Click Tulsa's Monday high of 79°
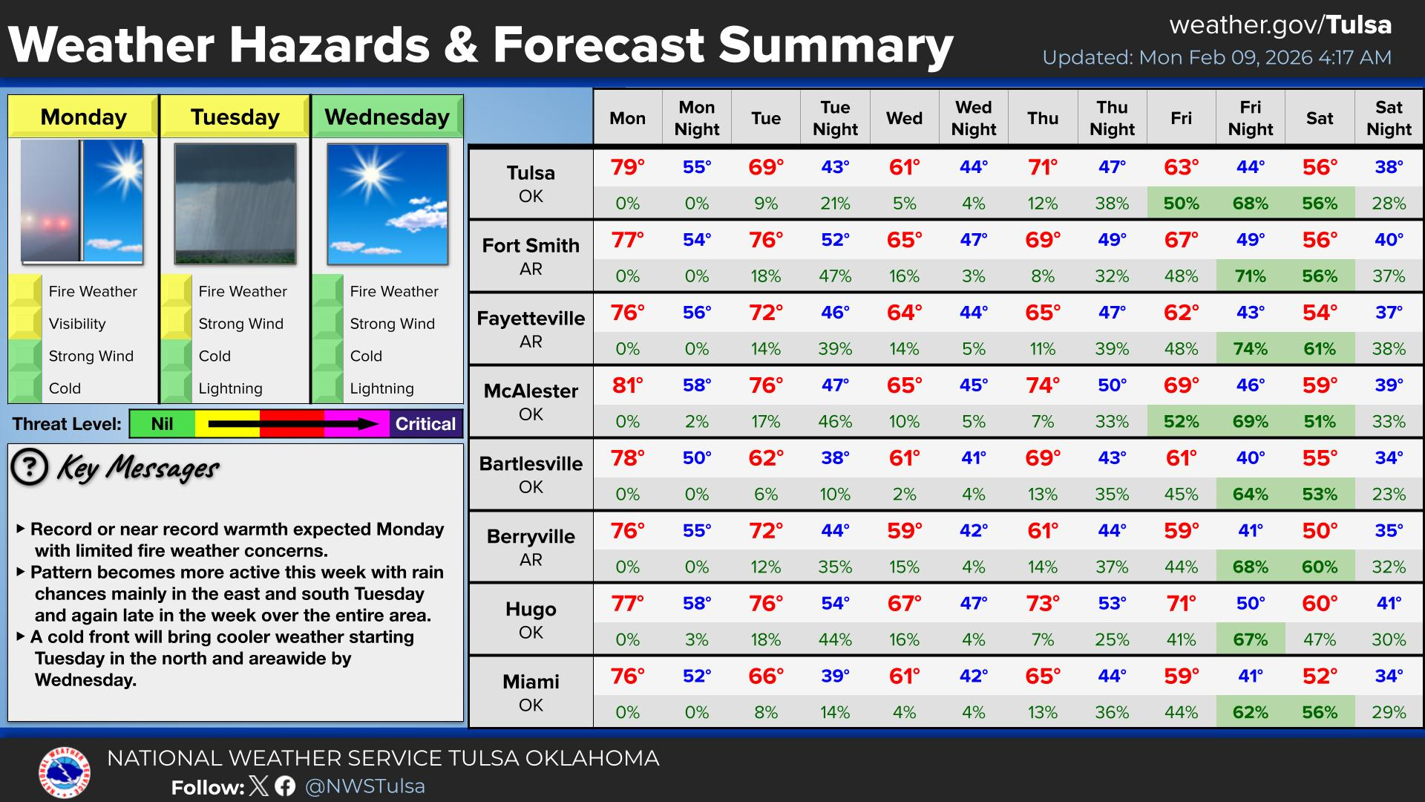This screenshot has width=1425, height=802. click(x=627, y=167)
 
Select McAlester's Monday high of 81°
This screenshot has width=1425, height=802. click(x=627, y=385)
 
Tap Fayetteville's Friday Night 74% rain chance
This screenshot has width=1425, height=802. click(x=1250, y=349)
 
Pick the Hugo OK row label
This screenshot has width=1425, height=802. click(x=531, y=620)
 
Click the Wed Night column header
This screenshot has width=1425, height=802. click(x=973, y=118)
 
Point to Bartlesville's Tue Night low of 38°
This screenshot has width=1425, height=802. click(x=835, y=458)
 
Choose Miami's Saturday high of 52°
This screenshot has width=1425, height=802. click(x=1320, y=677)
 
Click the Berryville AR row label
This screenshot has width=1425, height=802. click(x=531, y=547)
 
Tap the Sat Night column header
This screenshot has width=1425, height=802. click(x=1389, y=118)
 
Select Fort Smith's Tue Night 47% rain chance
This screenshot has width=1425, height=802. click(x=835, y=276)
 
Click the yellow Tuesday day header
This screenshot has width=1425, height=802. click(x=235, y=117)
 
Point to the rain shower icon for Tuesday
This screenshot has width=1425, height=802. click(x=235, y=203)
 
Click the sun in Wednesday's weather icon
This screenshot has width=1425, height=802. click(x=370, y=177)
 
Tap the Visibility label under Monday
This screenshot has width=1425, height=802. click(x=77, y=324)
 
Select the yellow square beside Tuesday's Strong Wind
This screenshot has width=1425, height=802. click(x=176, y=324)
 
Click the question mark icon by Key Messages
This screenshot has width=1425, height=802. click(x=30, y=467)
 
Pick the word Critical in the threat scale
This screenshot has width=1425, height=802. click(x=425, y=424)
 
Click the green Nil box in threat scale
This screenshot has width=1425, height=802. click(x=162, y=424)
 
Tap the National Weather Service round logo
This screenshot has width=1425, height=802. click(x=65, y=772)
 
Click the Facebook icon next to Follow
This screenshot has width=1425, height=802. click(x=285, y=786)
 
